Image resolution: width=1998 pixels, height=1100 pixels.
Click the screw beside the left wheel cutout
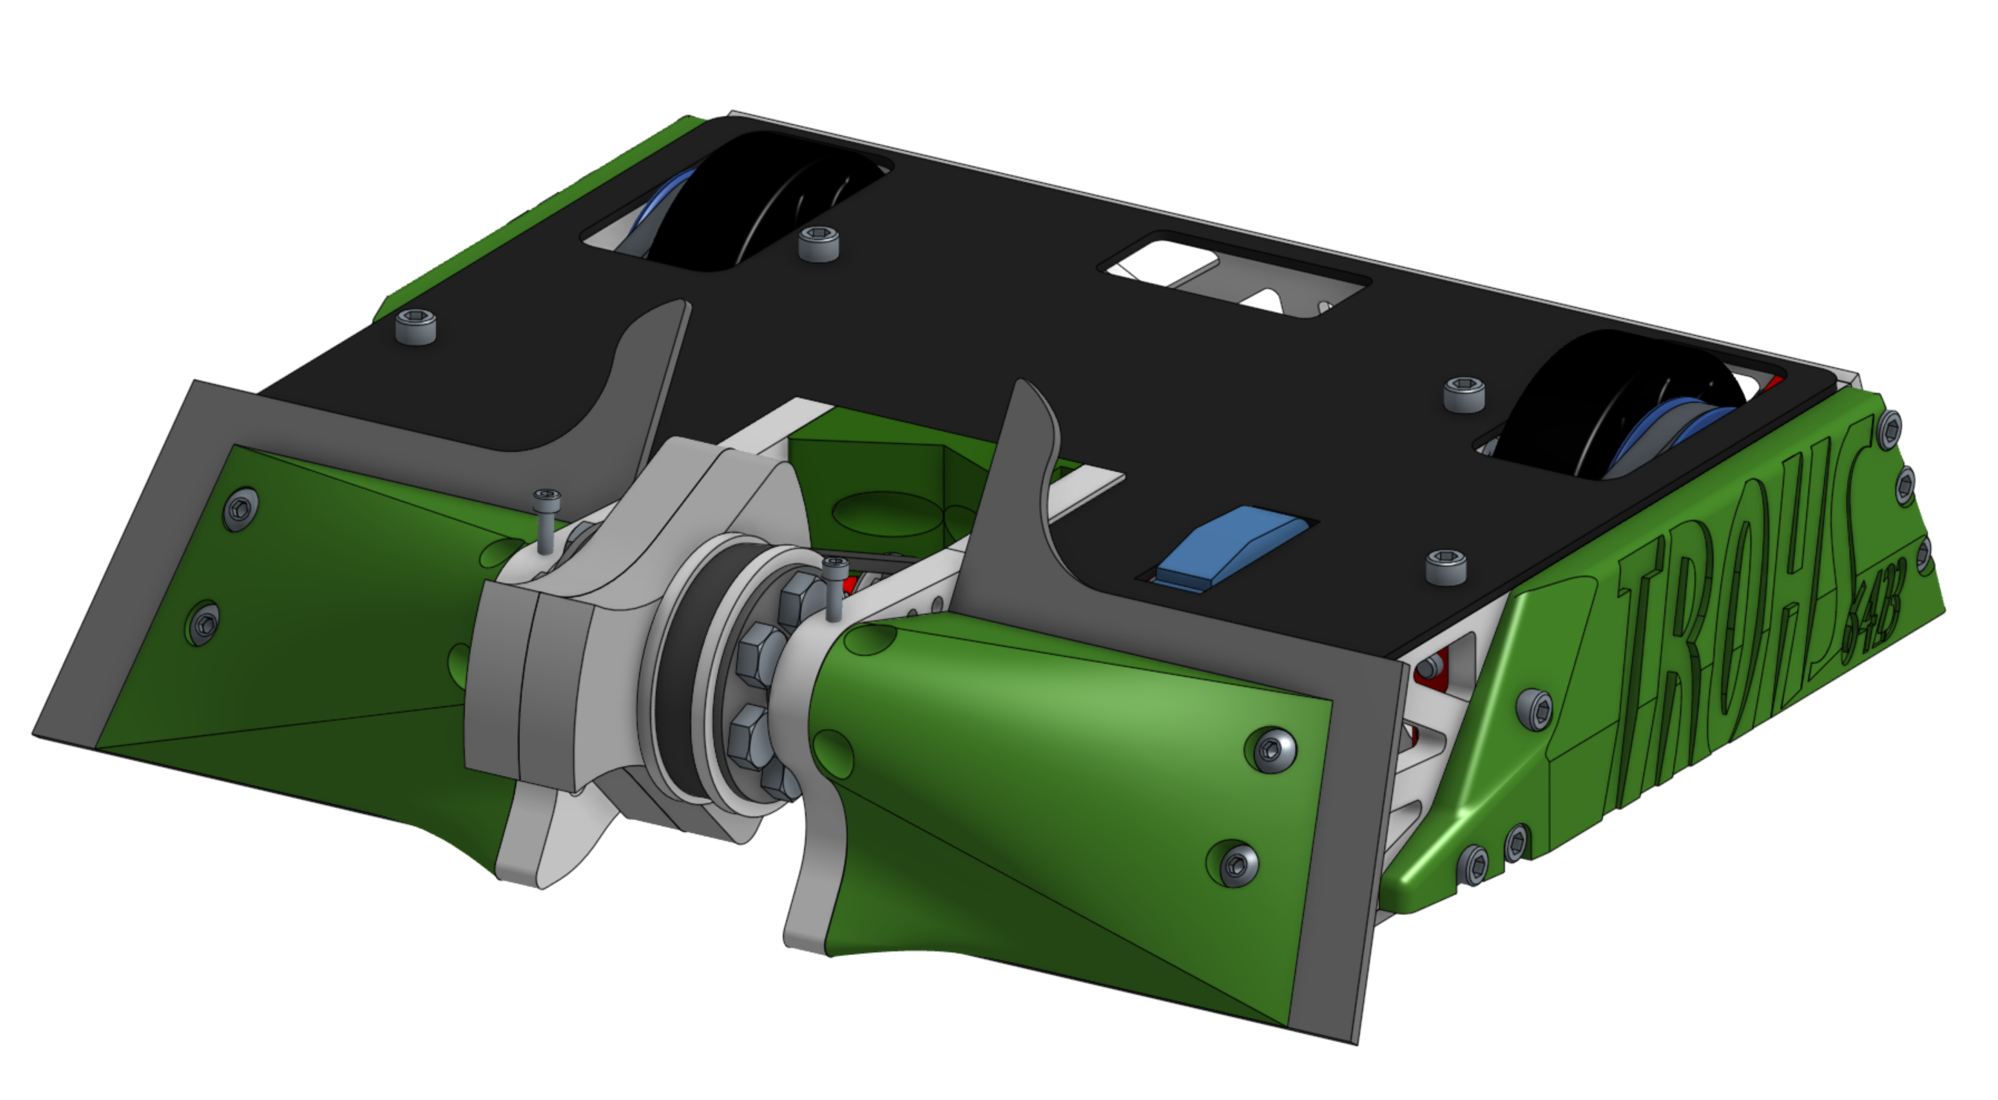[818, 243]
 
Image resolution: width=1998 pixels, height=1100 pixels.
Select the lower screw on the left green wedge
[204, 621]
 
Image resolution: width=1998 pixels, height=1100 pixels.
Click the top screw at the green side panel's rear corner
[1890, 429]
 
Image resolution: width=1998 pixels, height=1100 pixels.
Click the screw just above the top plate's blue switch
[1463, 395]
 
